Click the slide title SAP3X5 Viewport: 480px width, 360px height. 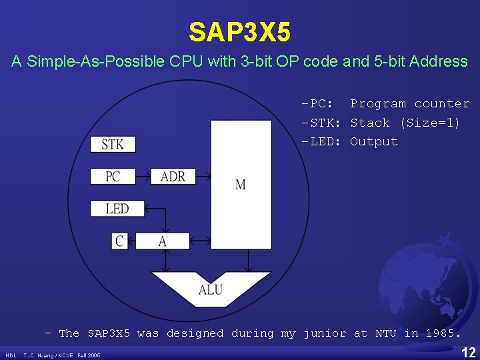(x=239, y=31)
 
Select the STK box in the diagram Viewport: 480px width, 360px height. (x=112, y=144)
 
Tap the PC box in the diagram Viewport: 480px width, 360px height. (x=112, y=177)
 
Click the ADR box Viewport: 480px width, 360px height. (x=173, y=177)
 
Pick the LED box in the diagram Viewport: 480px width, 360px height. (x=117, y=209)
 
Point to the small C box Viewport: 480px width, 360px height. (x=119, y=241)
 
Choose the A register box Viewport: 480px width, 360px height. (x=163, y=241)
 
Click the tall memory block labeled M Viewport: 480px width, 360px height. (x=241, y=184)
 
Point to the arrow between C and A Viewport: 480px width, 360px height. (x=135, y=241)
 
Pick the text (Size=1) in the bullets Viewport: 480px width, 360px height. (x=429, y=123)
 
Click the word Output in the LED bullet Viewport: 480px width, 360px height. (x=373, y=141)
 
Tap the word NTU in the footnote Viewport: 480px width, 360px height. (x=385, y=333)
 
